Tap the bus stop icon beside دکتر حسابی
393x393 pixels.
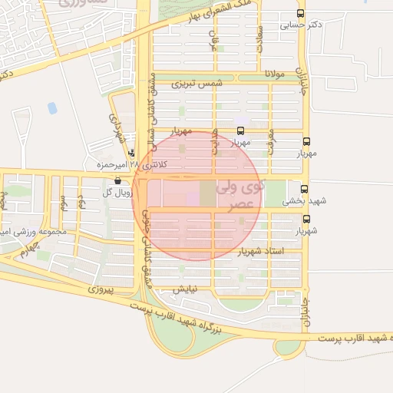301,13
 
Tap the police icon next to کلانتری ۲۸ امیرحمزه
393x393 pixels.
132,153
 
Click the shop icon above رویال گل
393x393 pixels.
117,181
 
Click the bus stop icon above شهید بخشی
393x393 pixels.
304,189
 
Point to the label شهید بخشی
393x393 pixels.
304,201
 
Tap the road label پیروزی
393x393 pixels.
101,290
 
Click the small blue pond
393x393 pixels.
52,108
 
